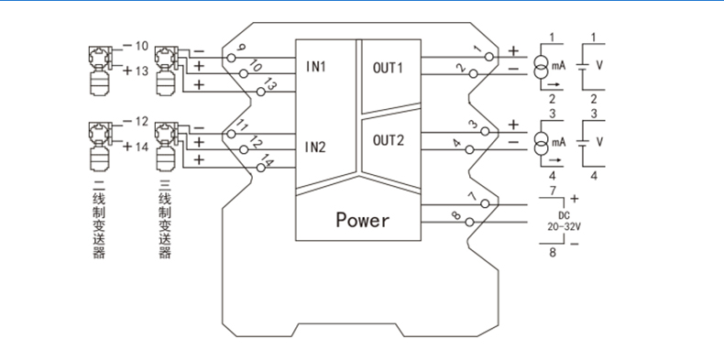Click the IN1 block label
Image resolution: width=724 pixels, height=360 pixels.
coord(316,67)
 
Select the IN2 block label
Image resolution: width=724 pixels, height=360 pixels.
coord(316,147)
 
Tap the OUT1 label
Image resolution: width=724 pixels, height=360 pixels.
coord(389,68)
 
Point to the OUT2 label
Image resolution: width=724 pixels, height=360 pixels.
coord(389,140)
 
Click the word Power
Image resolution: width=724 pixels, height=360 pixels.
coord(363,220)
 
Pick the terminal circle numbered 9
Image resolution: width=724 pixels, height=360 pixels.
coord(232,58)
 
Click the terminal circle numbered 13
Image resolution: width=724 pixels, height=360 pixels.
coord(261,92)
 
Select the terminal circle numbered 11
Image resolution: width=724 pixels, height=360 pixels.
coord(232,134)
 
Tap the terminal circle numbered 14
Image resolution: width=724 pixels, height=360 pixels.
coord(261,168)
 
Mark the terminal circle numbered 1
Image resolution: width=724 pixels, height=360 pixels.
coord(489,57)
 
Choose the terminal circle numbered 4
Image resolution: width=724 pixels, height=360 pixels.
coord(469,149)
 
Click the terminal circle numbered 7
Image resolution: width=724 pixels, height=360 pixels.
coord(486,203)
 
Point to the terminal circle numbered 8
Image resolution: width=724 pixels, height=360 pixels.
coord(469,222)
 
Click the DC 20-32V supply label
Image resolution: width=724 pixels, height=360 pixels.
coord(564,221)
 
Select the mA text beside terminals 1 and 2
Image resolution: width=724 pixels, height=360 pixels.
coord(559,66)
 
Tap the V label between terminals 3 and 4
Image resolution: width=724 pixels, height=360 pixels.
coord(599,142)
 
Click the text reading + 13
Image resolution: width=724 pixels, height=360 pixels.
coord(136,71)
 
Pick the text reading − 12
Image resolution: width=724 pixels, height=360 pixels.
coord(136,122)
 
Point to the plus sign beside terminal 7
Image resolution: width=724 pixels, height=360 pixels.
coord(575,199)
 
